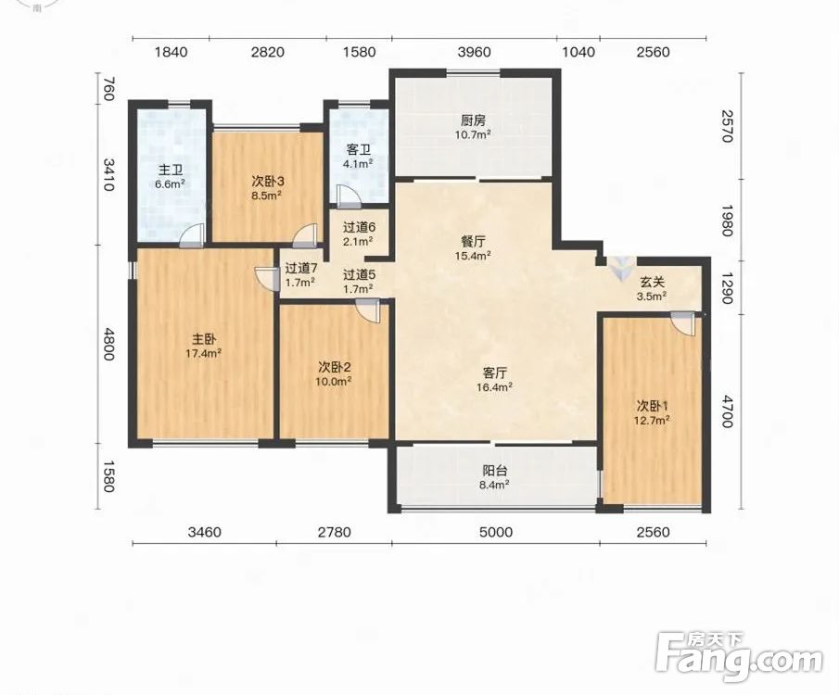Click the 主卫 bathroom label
pos(171,171)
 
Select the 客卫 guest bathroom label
pos(359,150)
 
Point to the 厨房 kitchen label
pos(473,120)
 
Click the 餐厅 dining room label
pos(473,242)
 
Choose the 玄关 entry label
pos(653,282)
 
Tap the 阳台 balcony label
pos(495,472)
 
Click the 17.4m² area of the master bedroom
pos(204,353)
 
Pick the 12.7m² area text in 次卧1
pos(652,421)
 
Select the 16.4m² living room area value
pos(495,386)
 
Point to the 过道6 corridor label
pos(359,227)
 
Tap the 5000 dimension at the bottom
pos(496,532)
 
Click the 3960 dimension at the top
pos(474,52)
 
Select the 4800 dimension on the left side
pos(108,344)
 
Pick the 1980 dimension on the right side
pos(727,221)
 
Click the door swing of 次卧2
pos(368,310)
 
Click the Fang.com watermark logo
pos(739,656)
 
